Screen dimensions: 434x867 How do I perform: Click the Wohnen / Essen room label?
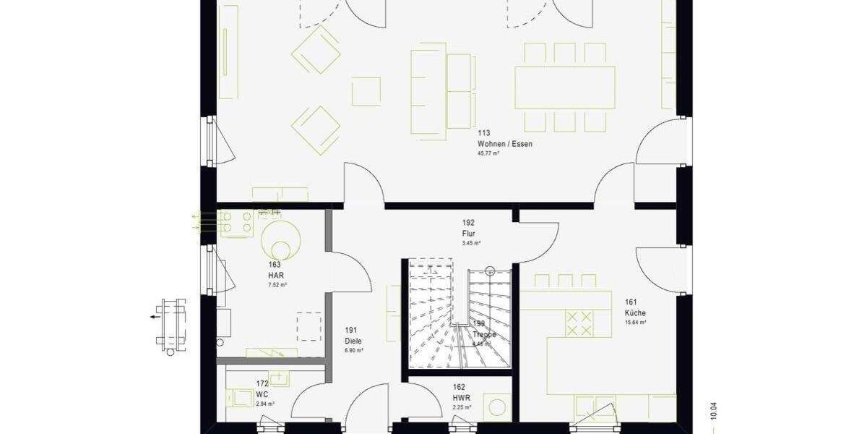coord(504,144)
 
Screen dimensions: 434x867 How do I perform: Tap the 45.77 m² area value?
coord(488,154)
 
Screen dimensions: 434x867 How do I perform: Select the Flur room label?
coord(468,234)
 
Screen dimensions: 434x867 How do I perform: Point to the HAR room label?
coord(275,276)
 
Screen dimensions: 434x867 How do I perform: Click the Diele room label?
coord(353,340)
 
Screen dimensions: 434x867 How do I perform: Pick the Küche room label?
coord(635,312)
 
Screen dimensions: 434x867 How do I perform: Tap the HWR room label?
coord(462,398)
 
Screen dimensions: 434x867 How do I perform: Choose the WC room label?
coord(262,394)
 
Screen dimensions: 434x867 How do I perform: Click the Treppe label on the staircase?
coord(484,335)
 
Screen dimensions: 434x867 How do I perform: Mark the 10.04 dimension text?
coord(714,409)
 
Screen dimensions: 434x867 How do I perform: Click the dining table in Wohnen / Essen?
coord(564,87)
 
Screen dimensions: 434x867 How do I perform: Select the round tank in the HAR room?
coord(282,239)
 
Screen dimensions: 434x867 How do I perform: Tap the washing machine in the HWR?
coord(499,406)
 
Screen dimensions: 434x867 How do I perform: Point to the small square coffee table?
coord(366,90)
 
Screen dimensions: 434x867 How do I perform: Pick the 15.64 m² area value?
coord(635,323)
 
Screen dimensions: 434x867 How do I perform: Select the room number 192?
coord(468,224)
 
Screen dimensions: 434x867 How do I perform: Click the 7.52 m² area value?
coord(277,285)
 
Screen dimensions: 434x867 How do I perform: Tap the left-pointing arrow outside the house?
coord(155,316)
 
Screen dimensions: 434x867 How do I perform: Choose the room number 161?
coord(631,302)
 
